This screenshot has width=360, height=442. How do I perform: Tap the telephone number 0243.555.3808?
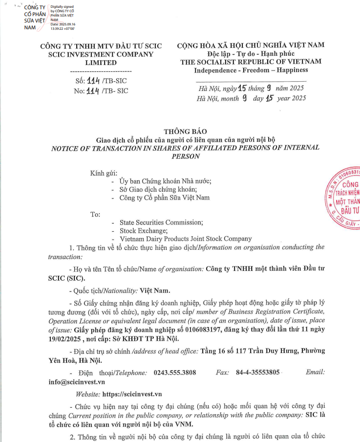[175, 373]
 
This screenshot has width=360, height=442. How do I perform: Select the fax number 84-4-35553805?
[258, 373]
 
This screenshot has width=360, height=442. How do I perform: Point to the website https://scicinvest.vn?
[132, 394]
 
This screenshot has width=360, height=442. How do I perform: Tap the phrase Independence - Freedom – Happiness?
[251, 70]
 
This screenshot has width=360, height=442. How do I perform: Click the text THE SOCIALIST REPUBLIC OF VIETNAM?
[251, 62]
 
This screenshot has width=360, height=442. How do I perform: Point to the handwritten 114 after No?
[93, 90]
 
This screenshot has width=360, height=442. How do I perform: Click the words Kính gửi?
[104, 174]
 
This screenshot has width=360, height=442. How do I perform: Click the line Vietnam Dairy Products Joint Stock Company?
[186, 239]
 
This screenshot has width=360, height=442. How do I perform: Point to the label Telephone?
[131, 373]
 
